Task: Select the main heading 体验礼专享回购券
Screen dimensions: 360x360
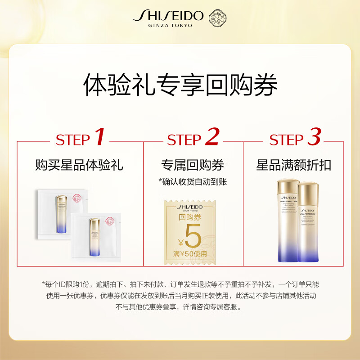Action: point(180,85)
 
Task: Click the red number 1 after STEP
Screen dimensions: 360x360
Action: point(100,138)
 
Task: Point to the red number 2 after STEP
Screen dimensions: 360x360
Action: point(211,138)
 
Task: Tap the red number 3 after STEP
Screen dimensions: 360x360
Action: point(314,138)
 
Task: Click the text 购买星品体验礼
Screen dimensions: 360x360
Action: point(79,165)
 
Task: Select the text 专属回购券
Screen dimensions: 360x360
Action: point(193,165)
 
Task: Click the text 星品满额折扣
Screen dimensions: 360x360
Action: point(293,165)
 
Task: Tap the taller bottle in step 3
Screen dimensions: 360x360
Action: point(286,220)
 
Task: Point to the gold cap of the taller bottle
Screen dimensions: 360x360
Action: point(286,186)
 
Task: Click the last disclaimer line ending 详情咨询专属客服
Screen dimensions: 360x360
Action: point(180,307)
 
